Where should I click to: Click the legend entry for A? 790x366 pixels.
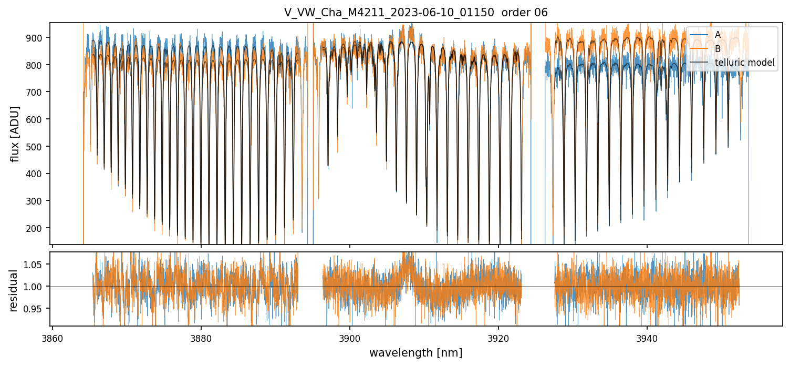click(x=718, y=35)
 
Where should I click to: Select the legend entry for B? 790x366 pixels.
click(x=718, y=49)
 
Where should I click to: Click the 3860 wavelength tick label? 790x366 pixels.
click(x=53, y=337)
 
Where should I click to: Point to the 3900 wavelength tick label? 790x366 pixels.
click(x=350, y=337)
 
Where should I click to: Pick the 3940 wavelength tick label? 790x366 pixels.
click(x=647, y=337)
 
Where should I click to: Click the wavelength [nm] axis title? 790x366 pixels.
click(x=416, y=353)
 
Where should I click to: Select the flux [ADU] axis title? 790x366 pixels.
click(x=15, y=134)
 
